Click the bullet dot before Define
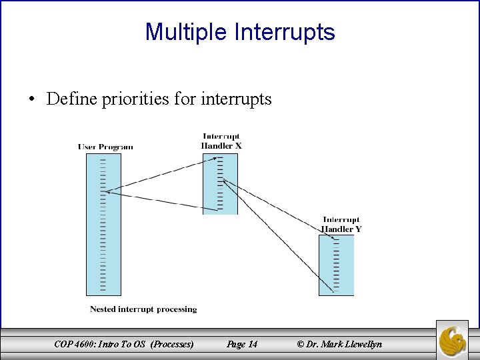31,100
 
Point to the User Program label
105,147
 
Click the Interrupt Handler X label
221,141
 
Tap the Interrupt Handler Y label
341,225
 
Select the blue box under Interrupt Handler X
221,183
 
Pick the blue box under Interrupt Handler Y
336,265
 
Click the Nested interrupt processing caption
143,309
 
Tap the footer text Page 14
242,344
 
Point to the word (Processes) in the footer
173,344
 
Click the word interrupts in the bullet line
236,99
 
